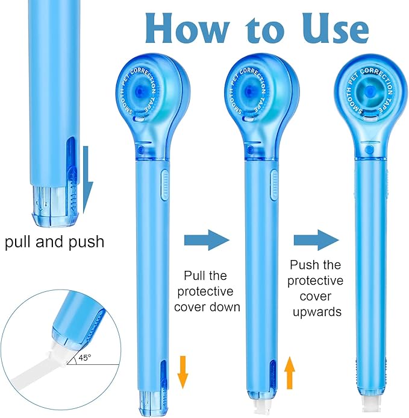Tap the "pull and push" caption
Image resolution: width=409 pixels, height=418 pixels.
click(54, 242)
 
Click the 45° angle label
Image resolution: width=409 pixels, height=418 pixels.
click(84, 357)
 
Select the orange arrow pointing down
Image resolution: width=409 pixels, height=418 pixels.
click(183, 372)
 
